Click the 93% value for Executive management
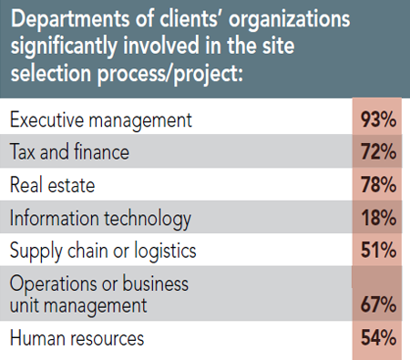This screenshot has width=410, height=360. pos(377,118)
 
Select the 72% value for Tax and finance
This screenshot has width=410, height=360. pos(377,151)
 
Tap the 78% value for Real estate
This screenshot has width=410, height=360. pos(377,185)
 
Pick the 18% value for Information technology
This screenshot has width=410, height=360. pos(377,218)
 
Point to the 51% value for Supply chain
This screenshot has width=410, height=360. pos(377,251)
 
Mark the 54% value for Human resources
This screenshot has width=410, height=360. pos(377,338)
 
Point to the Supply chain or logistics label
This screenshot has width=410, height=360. pos(103,252)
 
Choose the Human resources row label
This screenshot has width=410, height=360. pos(77,338)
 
